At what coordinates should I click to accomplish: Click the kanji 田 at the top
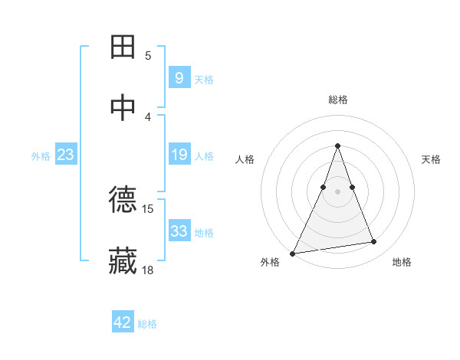[x=123, y=47]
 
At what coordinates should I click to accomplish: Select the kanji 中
[x=123, y=107]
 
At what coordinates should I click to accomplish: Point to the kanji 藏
[x=123, y=260]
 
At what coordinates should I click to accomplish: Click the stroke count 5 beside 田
[x=148, y=56]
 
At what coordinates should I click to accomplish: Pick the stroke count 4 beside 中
[x=148, y=116]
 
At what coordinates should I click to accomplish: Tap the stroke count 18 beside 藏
[x=148, y=270]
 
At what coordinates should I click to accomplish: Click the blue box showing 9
[x=179, y=77]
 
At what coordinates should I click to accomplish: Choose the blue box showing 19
[x=179, y=155]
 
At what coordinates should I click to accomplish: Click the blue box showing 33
[x=179, y=231]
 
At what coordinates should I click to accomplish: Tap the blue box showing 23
[x=65, y=155]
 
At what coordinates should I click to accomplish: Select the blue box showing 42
[x=123, y=322]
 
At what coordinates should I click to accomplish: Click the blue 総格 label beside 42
[x=148, y=324]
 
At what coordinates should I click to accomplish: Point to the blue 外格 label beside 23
[x=41, y=156]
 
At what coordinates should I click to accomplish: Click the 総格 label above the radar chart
[x=337, y=100]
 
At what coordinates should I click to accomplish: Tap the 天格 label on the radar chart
[x=432, y=159]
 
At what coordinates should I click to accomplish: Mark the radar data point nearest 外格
[x=293, y=253]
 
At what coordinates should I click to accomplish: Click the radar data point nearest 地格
[x=374, y=242]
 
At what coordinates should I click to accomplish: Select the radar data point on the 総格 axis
[x=337, y=146]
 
